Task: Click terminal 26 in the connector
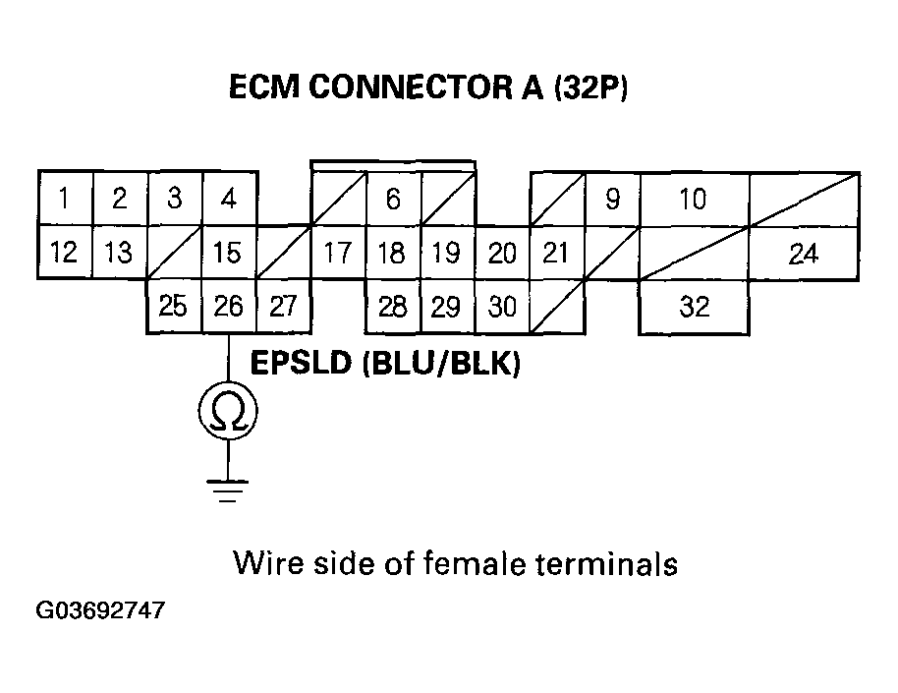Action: click(x=228, y=307)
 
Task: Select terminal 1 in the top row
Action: click(x=64, y=200)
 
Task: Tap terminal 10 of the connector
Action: click(x=694, y=200)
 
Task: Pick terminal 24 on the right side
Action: click(x=804, y=255)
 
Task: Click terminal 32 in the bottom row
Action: click(x=694, y=307)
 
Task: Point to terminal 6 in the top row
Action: click(x=393, y=200)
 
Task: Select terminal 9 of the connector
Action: click(x=612, y=200)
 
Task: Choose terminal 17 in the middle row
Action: click(x=338, y=254)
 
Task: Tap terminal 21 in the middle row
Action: click(x=556, y=254)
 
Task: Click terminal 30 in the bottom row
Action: click(x=502, y=307)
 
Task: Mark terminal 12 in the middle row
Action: click(x=64, y=254)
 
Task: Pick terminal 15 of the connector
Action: click(x=228, y=254)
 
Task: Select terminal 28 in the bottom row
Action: click(x=392, y=307)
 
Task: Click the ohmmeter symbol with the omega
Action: click(x=228, y=413)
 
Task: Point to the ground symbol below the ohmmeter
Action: click(x=228, y=490)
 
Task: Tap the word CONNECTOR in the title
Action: click(x=417, y=89)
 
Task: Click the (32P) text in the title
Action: click(x=590, y=89)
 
